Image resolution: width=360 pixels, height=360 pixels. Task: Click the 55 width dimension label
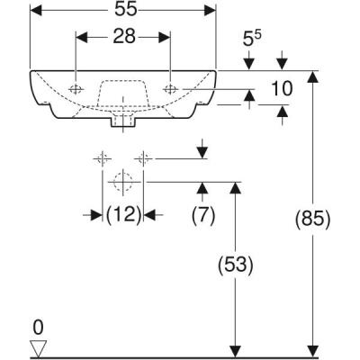[x=123, y=11]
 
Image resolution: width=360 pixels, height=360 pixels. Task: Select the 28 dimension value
[x=123, y=38]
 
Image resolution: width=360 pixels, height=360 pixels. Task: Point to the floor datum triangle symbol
[x=38, y=347]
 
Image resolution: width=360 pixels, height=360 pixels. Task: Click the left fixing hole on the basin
[x=76, y=88]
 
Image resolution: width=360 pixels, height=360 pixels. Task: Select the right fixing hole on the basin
[x=171, y=88]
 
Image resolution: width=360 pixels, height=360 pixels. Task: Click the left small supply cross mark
[x=102, y=159]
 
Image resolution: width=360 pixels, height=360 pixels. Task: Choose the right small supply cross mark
[x=141, y=159]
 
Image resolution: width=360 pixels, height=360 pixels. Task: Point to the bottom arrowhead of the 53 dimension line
[x=235, y=350]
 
